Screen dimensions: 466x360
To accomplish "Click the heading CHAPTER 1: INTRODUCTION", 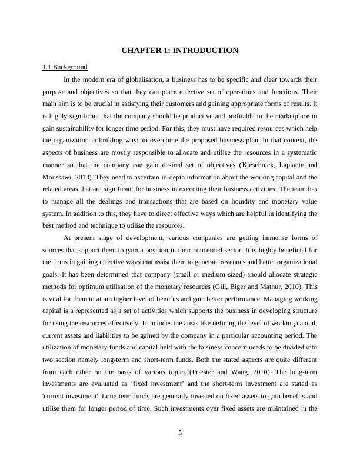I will click(x=180, y=51).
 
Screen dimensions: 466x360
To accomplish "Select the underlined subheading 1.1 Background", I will click(x=65, y=67).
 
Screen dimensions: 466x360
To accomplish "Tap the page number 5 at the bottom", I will click(x=180, y=434).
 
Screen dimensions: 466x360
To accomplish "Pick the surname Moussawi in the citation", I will click(x=61, y=177).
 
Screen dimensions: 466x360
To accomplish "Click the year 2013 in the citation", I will click(x=92, y=177).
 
